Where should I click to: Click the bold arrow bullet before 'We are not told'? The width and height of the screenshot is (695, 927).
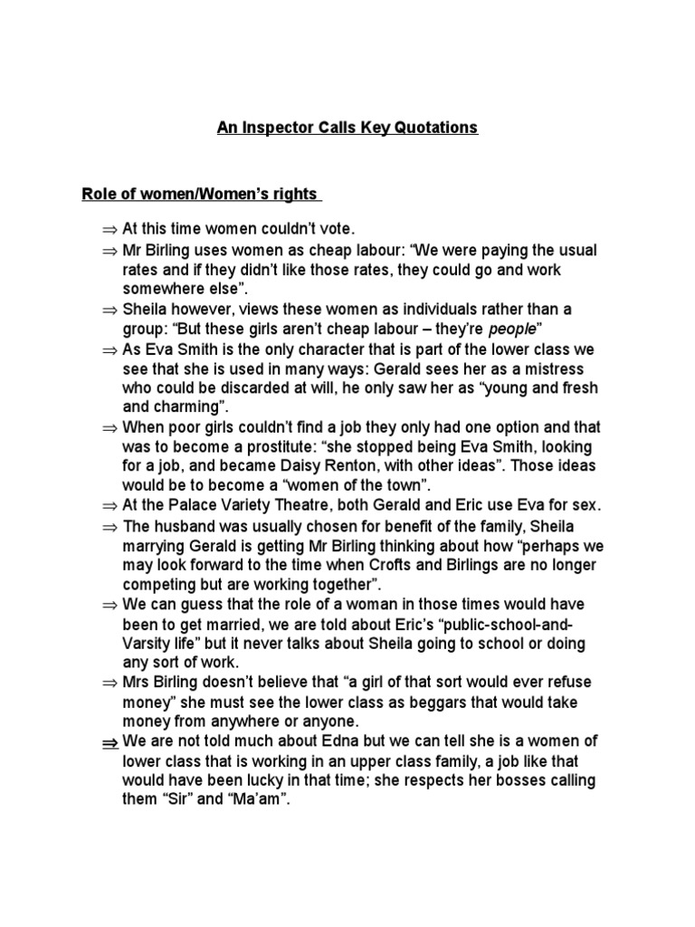109,742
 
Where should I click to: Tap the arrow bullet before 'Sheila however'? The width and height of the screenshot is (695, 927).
109,309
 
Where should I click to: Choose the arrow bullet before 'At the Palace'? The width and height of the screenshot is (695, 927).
109,506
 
